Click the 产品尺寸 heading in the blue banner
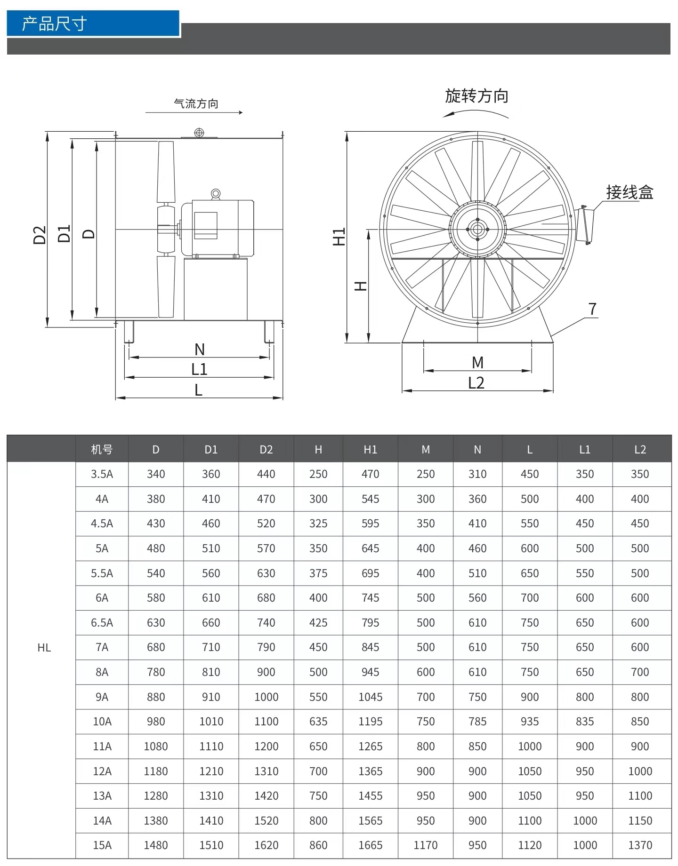[x=54, y=24]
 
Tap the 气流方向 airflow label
[x=196, y=103]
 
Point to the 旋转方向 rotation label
[x=476, y=96]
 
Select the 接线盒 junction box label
[x=630, y=192]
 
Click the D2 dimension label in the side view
[x=40, y=235]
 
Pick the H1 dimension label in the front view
[x=339, y=237]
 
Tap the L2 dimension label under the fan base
[x=476, y=383]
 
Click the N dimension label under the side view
[x=199, y=350]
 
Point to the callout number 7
[x=592, y=309]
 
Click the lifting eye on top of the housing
[x=199, y=133]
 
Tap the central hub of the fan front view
[x=477, y=230]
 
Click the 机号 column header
[x=102, y=449]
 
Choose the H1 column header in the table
[x=370, y=449]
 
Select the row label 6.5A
[x=102, y=623]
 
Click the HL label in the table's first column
[x=44, y=648]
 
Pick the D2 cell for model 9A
[x=266, y=697]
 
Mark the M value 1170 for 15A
[x=425, y=845]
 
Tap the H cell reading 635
[x=318, y=722]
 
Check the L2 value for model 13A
[x=640, y=796]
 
